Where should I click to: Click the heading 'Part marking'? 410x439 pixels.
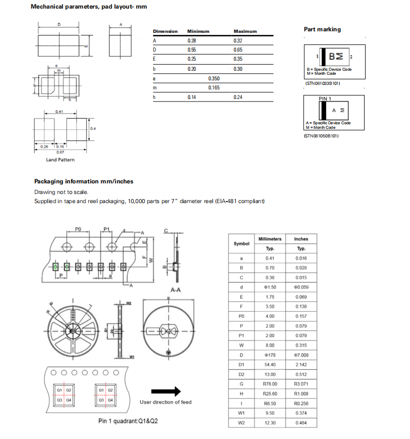322,29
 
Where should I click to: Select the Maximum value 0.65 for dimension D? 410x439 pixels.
238,50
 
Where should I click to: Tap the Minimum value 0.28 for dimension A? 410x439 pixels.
191,40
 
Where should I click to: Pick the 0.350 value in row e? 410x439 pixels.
214,78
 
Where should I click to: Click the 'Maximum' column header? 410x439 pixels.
245,31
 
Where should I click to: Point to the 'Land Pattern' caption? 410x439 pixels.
60,160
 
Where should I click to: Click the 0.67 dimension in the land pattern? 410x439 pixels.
60,152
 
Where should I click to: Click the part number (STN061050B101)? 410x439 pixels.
321,135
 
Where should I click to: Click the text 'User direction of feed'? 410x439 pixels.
166,402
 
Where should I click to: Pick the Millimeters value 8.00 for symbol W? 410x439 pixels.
270,345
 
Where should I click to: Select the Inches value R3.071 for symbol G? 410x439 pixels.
301,383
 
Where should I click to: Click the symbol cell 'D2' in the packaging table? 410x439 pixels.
241,374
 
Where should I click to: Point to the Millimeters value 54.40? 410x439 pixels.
270,364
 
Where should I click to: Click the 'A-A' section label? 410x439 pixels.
176,290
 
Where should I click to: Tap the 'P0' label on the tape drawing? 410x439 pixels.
78,229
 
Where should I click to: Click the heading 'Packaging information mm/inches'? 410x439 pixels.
84,181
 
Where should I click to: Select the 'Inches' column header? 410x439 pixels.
301,239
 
